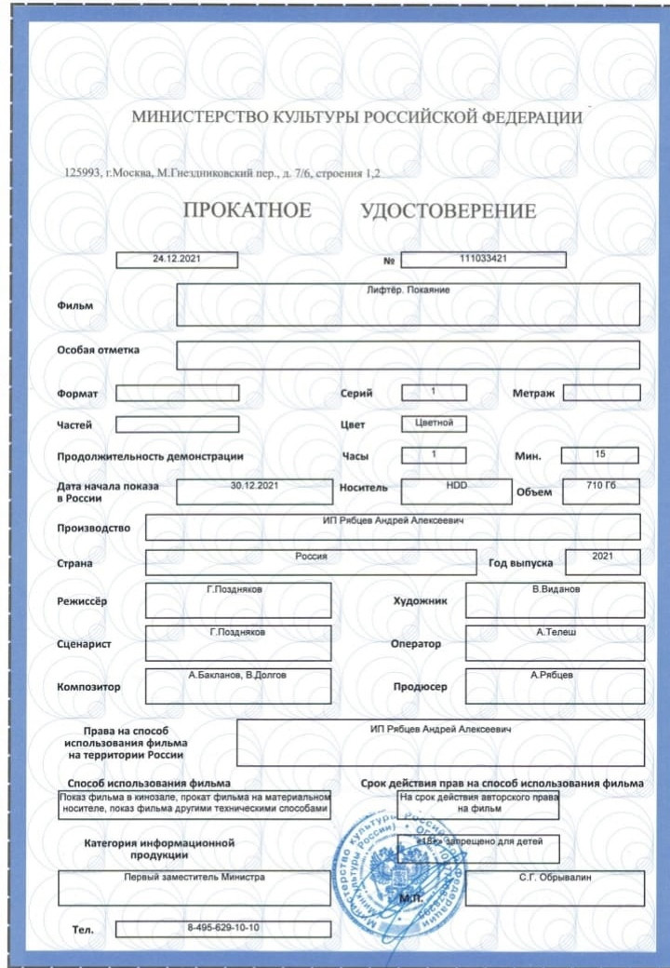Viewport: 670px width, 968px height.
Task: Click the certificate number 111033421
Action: tap(483, 259)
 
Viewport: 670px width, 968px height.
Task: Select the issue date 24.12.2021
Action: tap(177, 260)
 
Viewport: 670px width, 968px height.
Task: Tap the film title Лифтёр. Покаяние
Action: tap(409, 290)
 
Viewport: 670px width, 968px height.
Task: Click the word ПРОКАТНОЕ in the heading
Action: tap(248, 210)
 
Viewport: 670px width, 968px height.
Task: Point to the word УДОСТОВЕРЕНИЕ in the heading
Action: tap(448, 211)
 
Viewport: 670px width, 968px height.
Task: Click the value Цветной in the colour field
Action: tap(434, 423)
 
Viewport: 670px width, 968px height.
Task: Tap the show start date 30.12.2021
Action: tap(254, 485)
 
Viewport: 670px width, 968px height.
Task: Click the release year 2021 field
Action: tap(601, 557)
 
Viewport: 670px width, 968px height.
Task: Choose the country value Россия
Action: tap(313, 557)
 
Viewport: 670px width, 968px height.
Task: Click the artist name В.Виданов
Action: tap(556, 590)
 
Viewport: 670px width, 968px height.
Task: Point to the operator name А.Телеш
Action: tap(556, 633)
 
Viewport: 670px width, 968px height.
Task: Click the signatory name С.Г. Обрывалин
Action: tap(556, 878)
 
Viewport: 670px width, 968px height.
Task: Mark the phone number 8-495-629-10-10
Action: tap(223, 928)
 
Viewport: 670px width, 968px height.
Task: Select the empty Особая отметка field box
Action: tap(408, 355)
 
